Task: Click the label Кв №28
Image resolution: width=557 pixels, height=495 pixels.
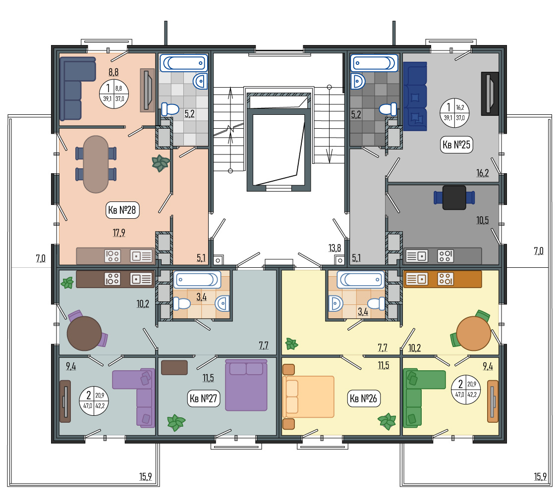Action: pyautogui.click(x=122, y=210)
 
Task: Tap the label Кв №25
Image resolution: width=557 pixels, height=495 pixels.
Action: pyautogui.click(x=456, y=145)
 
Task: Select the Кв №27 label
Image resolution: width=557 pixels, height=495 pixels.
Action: pyautogui.click(x=204, y=398)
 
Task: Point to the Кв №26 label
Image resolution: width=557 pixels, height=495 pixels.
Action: pyautogui.click(x=363, y=398)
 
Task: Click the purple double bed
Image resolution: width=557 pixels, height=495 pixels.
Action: pyautogui.click(x=246, y=385)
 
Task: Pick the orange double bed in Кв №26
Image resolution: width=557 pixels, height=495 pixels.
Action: pyautogui.click(x=308, y=396)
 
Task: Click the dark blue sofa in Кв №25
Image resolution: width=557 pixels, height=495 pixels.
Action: pyautogui.click(x=415, y=97)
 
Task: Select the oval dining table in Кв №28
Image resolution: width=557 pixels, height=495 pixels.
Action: pyautogui.click(x=96, y=164)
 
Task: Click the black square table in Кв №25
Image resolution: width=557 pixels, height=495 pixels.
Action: pyautogui.click(x=454, y=198)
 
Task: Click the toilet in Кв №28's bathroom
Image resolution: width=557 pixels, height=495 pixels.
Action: pyautogui.click(x=170, y=109)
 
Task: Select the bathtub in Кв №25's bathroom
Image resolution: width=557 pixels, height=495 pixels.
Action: pyautogui.click(x=374, y=63)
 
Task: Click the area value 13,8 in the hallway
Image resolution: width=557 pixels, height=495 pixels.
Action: pyautogui.click(x=334, y=248)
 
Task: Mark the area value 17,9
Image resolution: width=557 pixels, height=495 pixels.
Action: pyautogui.click(x=119, y=233)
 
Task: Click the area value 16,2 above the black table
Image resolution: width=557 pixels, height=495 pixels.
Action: pyautogui.click(x=482, y=173)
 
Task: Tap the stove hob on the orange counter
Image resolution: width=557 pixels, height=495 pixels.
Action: pyautogui.click(x=445, y=279)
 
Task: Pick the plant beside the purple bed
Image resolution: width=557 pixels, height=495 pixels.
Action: pyautogui.click(x=176, y=422)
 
